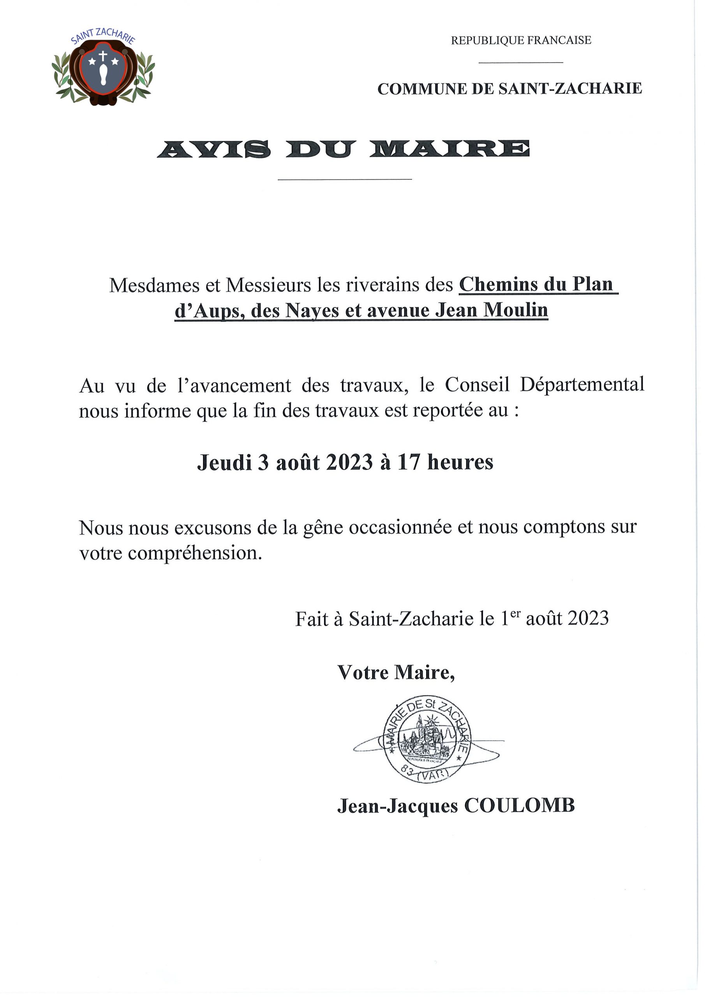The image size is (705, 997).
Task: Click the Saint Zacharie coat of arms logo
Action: [103, 69]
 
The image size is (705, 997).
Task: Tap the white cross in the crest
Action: [103, 56]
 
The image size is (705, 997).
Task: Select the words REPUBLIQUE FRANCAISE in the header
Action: [521, 41]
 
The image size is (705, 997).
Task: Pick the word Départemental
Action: [582, 385]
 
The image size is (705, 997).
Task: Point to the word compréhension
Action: [195, 553]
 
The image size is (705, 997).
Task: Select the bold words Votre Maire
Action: [396, 673]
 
